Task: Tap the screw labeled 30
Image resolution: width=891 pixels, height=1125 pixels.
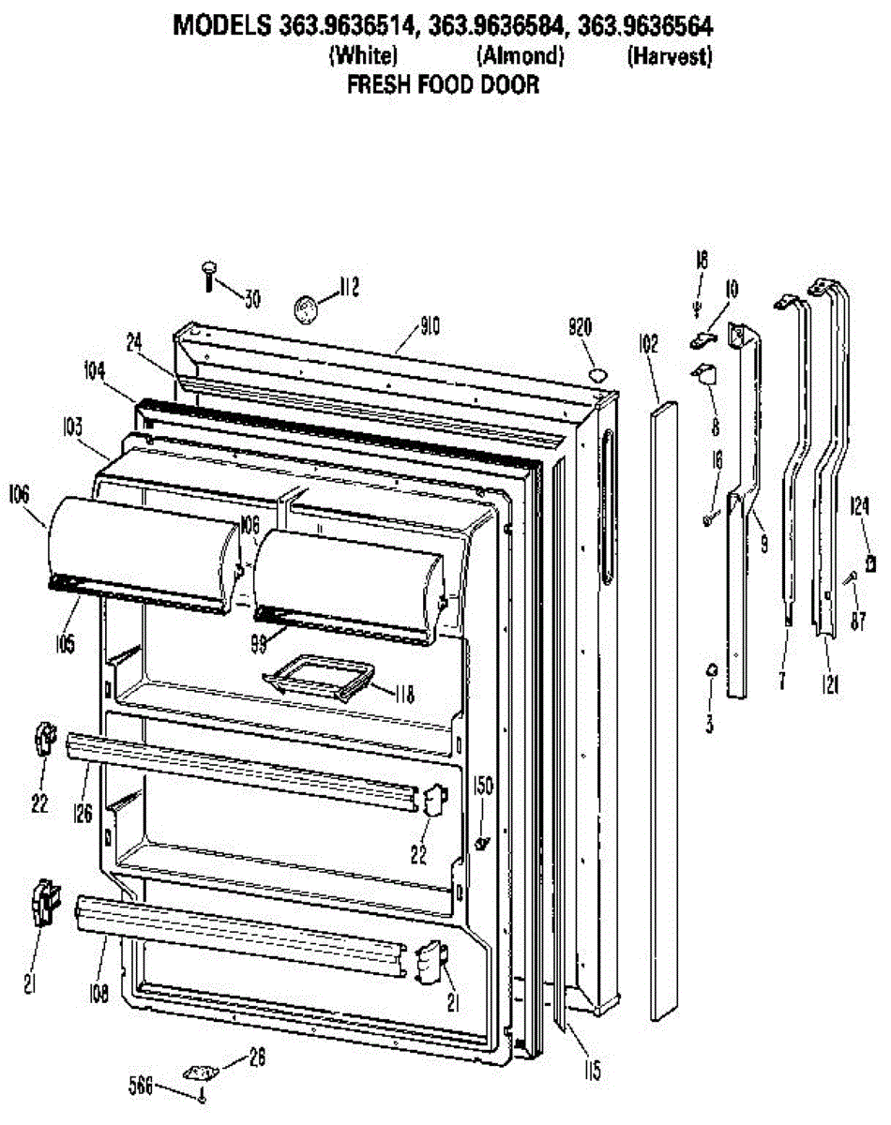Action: pyautogui.click(x=208, y=276)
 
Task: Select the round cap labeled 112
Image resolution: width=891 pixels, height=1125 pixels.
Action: pyautogui.click(x=305, y=307)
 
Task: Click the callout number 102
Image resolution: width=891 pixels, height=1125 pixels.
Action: pyautogui.click(x=648, y=345)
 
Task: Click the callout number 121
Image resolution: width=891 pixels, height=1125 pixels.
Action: pyautogui.click(x=832, y=686)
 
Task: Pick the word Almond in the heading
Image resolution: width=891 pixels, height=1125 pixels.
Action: pyautogui.click(x=521, y=56)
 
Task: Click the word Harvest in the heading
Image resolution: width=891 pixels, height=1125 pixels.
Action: pyautogui.click(x=669, y=56)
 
